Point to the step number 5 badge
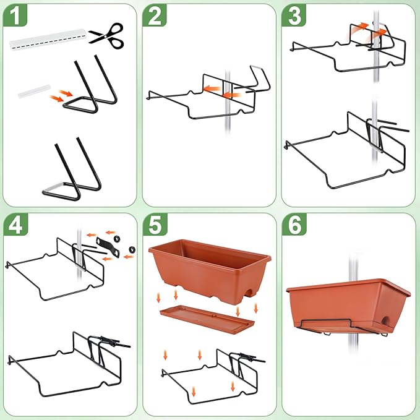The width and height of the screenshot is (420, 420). (x=155, y=226)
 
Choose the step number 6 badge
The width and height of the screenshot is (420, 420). (x=294, y=226)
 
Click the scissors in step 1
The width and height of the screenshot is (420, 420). (x=106, y=33)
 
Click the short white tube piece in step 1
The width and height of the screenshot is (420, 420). (x=34, y=92)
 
